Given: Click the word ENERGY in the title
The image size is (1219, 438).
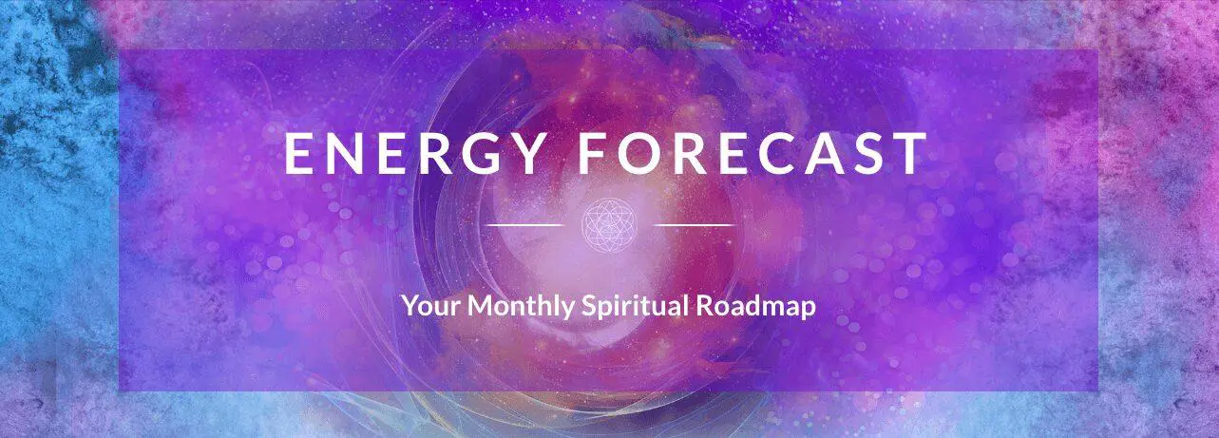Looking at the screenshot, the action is [x=413, y=153].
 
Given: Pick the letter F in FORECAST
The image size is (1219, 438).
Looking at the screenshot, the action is [x=592, y=153].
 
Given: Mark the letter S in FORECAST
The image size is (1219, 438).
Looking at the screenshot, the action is [x=868, y=153].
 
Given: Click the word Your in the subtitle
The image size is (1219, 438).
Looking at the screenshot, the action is [x=431, y=306].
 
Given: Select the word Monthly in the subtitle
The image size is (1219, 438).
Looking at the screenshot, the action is [x=521, y=307].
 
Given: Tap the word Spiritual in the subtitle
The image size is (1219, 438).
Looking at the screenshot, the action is [x=635, y=307].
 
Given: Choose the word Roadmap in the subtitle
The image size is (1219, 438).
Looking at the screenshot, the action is [x=756, y=307].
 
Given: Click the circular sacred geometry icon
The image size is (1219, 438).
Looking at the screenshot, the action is [x=610, y=225].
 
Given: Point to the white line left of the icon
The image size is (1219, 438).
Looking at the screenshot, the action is [x=524, y=225].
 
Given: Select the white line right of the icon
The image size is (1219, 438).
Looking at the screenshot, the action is [x=695, y=225].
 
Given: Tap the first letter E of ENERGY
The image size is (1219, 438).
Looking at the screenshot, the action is [x=297, y=153].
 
